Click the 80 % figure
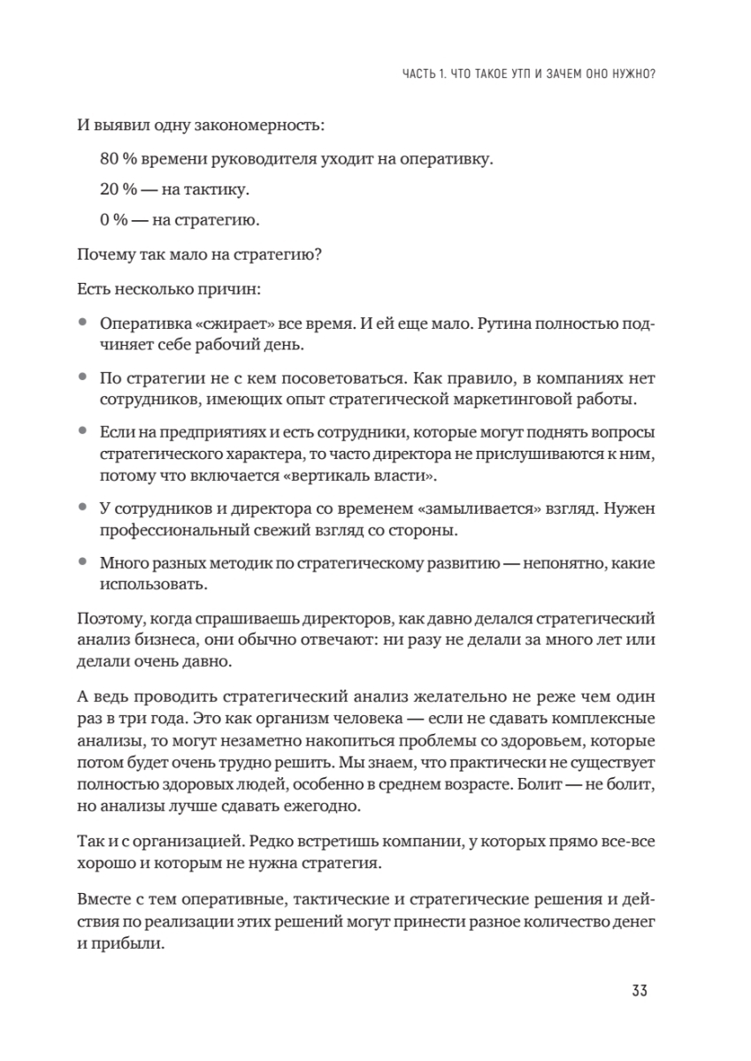119,159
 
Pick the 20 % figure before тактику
119,189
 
